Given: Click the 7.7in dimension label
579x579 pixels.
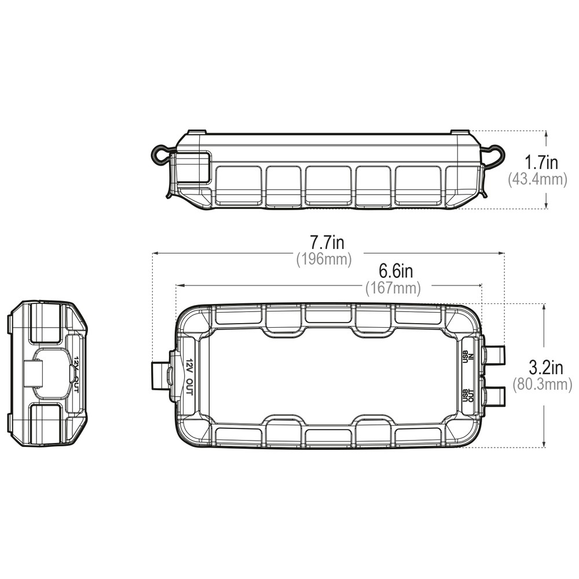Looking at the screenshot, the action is click(x=327, y=243).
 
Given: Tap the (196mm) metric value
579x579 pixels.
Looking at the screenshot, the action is click(x=324, y=259).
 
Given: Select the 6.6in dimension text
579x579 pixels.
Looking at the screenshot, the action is click(x=396, y=272).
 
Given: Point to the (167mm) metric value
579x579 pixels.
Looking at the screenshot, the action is click(x=393, y=288).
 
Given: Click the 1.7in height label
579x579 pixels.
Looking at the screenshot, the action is click(x=541, y=162).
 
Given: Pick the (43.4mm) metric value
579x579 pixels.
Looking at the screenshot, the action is click(x=537, y=179).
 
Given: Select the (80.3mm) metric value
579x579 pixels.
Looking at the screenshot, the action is click(x=542, y=384).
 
